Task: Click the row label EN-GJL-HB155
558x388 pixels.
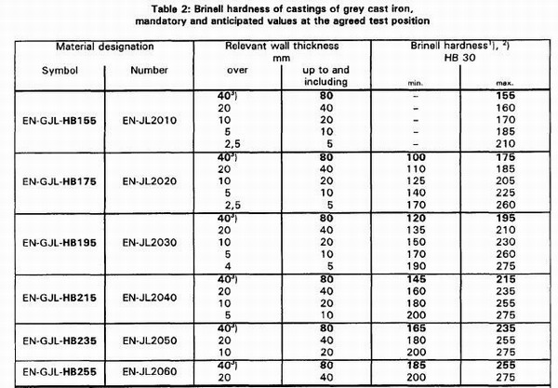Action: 57,120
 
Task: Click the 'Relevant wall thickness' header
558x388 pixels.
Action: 286,45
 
